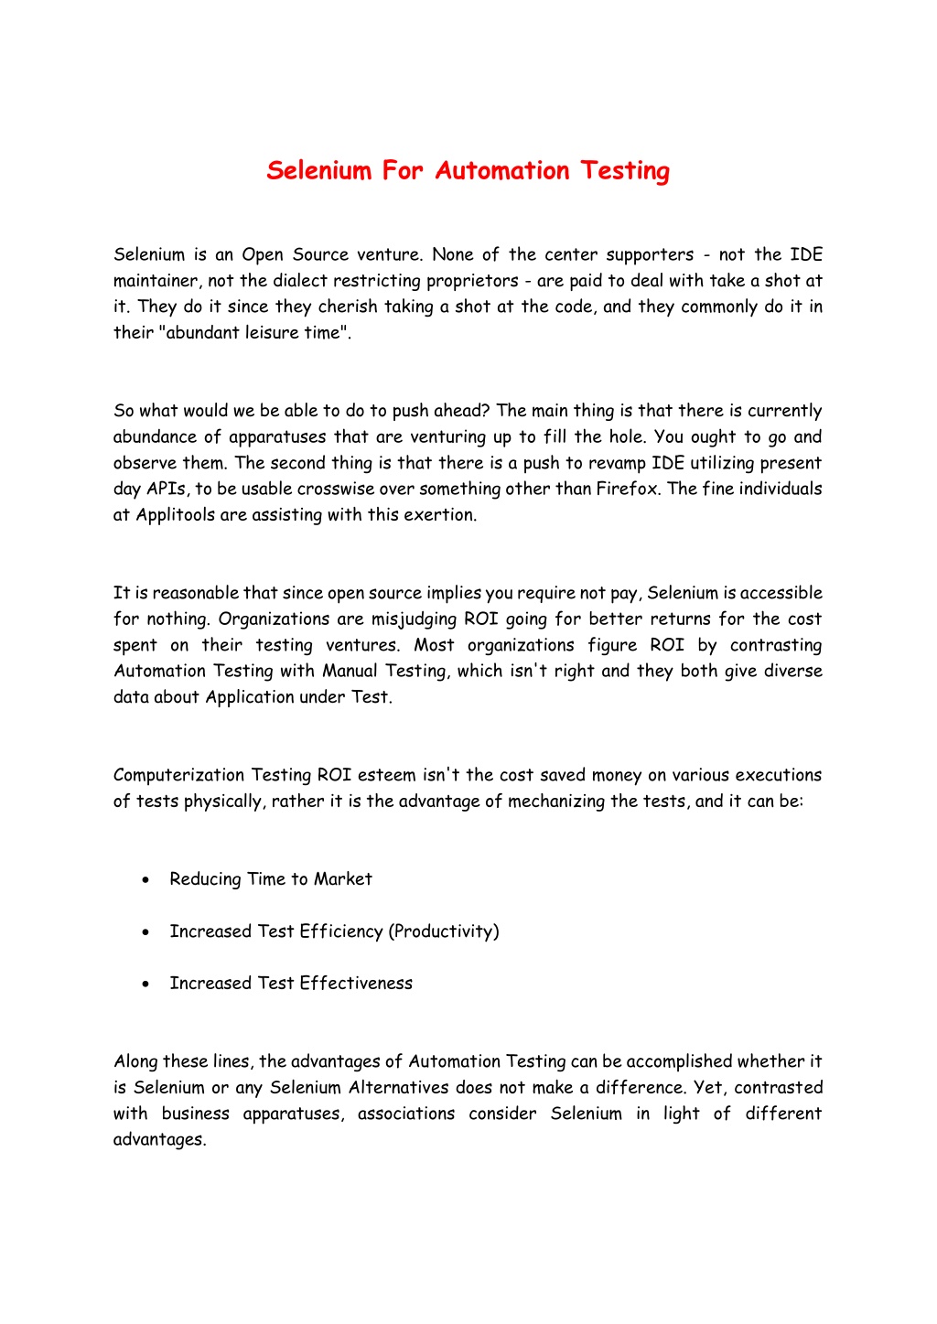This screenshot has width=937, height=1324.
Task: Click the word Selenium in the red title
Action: click(318, 171)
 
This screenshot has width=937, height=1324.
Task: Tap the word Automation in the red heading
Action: click(502, 171)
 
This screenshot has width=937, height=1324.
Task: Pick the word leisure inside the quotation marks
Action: click(272, 333)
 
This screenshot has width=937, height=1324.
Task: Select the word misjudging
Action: click(413, 619)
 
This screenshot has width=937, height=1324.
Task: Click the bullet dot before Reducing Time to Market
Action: click(145, 879)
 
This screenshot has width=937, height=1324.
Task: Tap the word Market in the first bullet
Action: click(342, 879)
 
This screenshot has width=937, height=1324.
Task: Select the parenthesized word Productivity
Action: click(444, 931)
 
